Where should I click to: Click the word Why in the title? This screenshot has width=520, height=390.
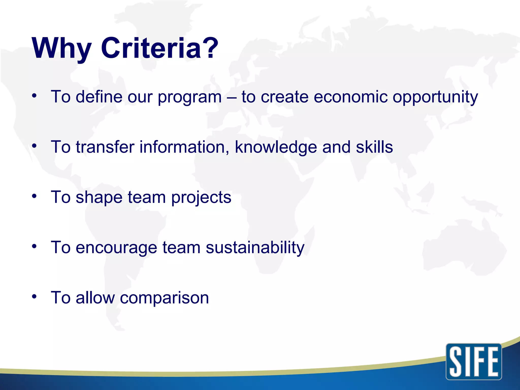(x=62, y=48)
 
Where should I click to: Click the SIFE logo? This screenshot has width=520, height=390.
(x=474, y=362)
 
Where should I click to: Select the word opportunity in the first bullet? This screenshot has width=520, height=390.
(x=435, y=97)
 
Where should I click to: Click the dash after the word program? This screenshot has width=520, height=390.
(x=232, y=97)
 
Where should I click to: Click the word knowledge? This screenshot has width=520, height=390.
(x=276, y=147)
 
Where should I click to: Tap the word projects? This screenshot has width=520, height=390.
(x=201, y=198)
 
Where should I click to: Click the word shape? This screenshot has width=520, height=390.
(x=99, y=198)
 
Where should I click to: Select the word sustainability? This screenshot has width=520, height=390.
(x=255, y=247)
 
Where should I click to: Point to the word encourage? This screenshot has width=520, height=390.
(x=116, y=248)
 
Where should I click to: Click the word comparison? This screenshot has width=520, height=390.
(x=164, y=298)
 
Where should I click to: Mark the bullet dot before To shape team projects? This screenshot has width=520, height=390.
(x=35, y=196)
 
